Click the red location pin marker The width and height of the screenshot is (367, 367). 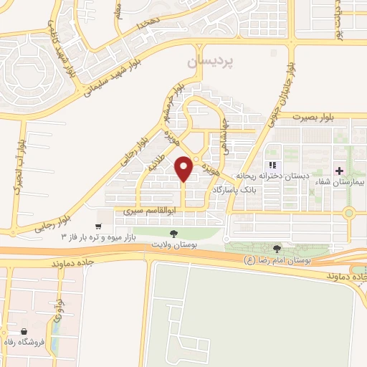184,168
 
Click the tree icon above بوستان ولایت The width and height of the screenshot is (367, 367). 173,234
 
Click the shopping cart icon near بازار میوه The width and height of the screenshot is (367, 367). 98,227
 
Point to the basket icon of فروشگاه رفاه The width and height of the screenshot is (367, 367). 25,331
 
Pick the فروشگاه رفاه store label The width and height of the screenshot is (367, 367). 44,342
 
